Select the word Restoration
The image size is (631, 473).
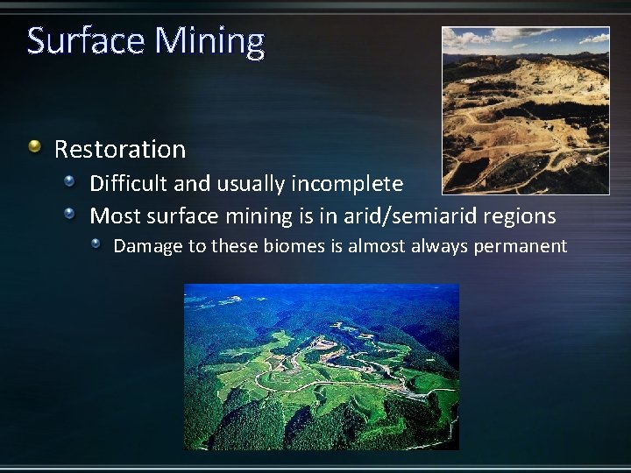coord(120,150)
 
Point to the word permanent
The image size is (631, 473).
coord(521,247)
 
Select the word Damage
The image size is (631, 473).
coord(147,246)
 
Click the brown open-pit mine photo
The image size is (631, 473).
coord(525,109)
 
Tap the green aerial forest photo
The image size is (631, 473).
coord(321,366)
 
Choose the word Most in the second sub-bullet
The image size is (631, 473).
coord(113,215)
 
